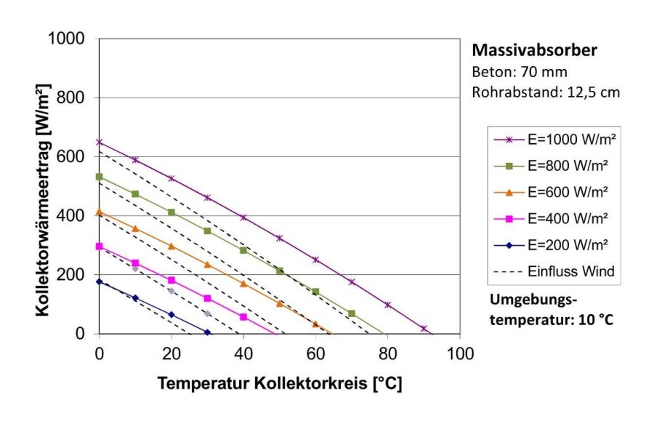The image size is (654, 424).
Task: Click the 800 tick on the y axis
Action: [73, 97]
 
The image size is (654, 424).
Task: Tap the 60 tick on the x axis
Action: [315, 354]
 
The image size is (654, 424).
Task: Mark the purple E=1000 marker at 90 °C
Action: [424, 328]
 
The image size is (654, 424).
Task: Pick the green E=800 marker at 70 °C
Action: [352, 313]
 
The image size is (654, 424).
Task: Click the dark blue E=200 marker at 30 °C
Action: [208, 332]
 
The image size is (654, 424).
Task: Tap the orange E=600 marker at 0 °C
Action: [100, 212]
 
